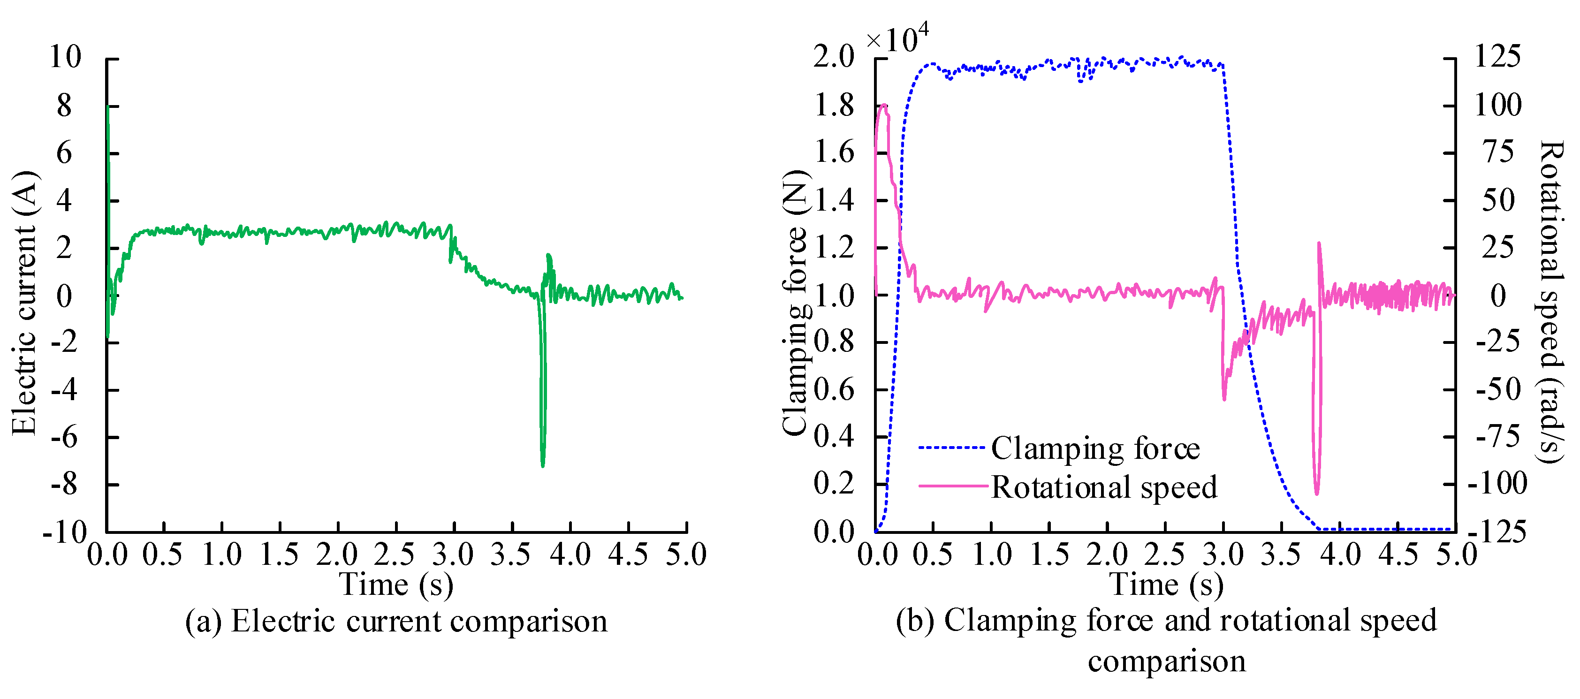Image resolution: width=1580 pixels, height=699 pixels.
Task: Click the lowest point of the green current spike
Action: tap(542, 465)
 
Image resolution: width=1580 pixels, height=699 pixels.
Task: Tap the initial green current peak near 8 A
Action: tap(107, 108)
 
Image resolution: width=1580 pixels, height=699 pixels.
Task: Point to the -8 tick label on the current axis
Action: tap(64, 485)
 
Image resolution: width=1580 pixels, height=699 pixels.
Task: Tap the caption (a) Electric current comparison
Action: tap(396, 622)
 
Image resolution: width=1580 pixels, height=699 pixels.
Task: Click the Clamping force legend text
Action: tap(1095, 448)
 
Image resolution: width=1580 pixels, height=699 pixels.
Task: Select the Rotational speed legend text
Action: tap(1104, 487)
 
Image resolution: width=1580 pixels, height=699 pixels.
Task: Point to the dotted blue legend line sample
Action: tap(952, 447)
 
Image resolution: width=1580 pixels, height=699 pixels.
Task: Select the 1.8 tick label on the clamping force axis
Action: tap(834, 106)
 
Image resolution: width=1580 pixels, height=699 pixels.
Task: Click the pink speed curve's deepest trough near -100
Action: tap(1316, 493)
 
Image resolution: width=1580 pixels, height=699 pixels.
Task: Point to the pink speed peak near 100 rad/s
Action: tap(884, 106)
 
